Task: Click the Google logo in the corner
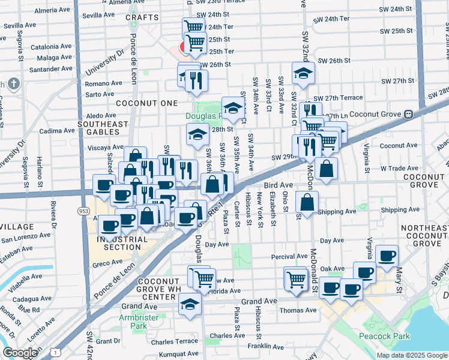coord(20,353)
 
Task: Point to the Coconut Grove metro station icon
coord(408,114)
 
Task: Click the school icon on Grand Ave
coord(190,304)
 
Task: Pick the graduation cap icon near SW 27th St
coord(303,73)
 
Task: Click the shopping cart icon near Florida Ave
coord(204,278)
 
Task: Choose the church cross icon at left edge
coord(14,84)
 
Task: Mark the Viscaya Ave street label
coord(89,147)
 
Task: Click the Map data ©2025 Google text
coord(411,355)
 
